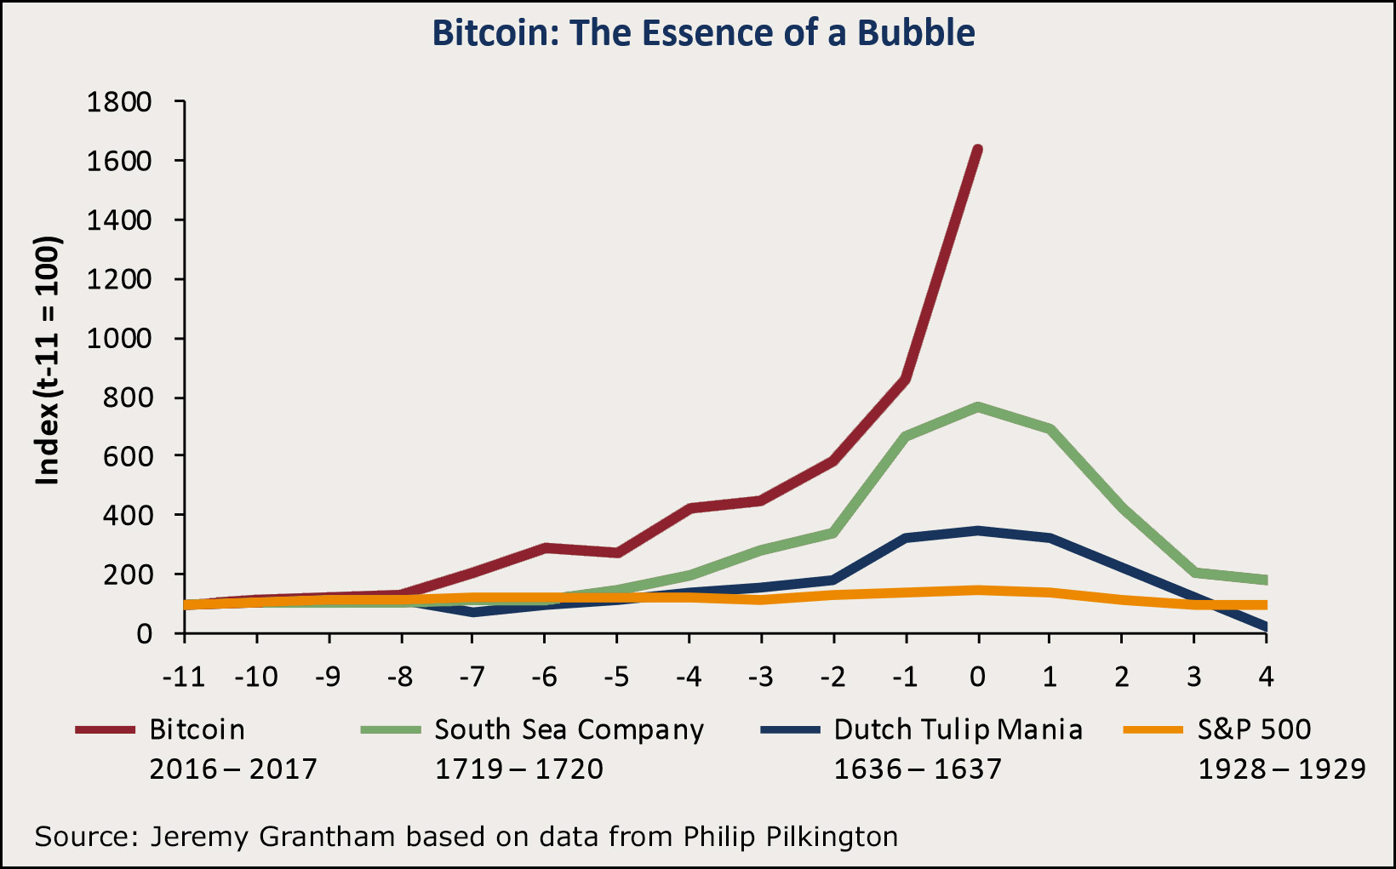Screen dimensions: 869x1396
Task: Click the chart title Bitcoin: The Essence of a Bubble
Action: pyautogui.click(x=703, y=33)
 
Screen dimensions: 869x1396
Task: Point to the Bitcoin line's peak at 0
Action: pyautogui.click(x=978, y=151)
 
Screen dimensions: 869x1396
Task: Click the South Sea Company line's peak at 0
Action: pyautogui.click(x=978, y=407)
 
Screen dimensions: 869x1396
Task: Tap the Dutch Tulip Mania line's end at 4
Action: pyautogui.click(x=1266, y=627)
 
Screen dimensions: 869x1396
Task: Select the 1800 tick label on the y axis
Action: pyautogui.click(x=119, y=102)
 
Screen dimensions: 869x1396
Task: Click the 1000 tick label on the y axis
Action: pyautogui.click(x=119, y=339)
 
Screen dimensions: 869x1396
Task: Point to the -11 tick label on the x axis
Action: pyautogui.click(x=184, y=677)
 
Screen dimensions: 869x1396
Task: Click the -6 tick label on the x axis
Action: pyautogui.click(x=544, y=677)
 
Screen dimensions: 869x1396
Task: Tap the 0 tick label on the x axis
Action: pyautogui.click(x=978, y=677)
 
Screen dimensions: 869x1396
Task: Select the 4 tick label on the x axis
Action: pyautogui.click(x=1266, y=677)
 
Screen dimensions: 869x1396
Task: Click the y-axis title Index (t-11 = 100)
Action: pyautogui.click(x=48, y=361)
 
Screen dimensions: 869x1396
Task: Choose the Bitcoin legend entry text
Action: pyautogui.click(x=197, y=730)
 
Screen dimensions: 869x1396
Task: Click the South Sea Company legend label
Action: pyautogui.click(x=569, y=730)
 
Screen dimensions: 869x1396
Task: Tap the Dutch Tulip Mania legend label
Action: pyautogui.click(x=958, y=730)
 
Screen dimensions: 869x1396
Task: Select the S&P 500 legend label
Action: pyautogui.click(x=1254, y=730)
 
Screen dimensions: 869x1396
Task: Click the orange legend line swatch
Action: pyautogui.click(x=1153, y=730)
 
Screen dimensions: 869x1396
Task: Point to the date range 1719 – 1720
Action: pyautogui.click(x=519, y=769)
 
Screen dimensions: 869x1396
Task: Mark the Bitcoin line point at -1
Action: pyautogui.click(x=906, y=380)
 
